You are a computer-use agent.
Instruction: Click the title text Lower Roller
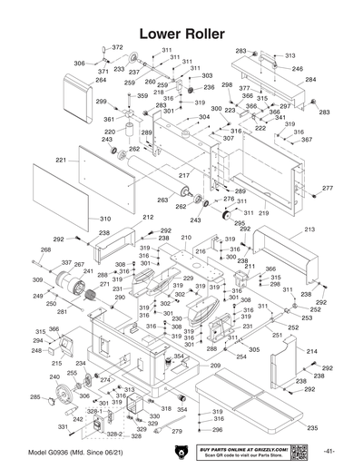pyautogui.click(x=181, y=32)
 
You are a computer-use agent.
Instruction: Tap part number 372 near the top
pyautogui.click(x=117, y=47)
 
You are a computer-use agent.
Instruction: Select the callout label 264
pyautogui.click(x=101, y=80)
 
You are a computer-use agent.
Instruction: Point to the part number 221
pyautogui.click(x=62, y=160)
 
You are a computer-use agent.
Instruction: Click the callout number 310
pyautogui.click(x=105, y=219)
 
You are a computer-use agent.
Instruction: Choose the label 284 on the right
pyautogui.click(x=310, y=80)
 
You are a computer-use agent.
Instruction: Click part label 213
pyautogui.click(x=309, y=230)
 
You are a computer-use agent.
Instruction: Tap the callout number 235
pyautogui.click(x=311, y=427)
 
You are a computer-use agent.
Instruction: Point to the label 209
pyautogui.click(x=216, y=365)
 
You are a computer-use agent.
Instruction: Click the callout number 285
pyautogui.click(x=35, y=397)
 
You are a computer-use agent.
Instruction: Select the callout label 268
pyautogui.click(x=45, y=249)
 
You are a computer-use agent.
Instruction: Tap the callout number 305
pyautogui.click(x=254, y=348)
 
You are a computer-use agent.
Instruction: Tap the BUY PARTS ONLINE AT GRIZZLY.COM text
pyautogui.click(x=255, y=447)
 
